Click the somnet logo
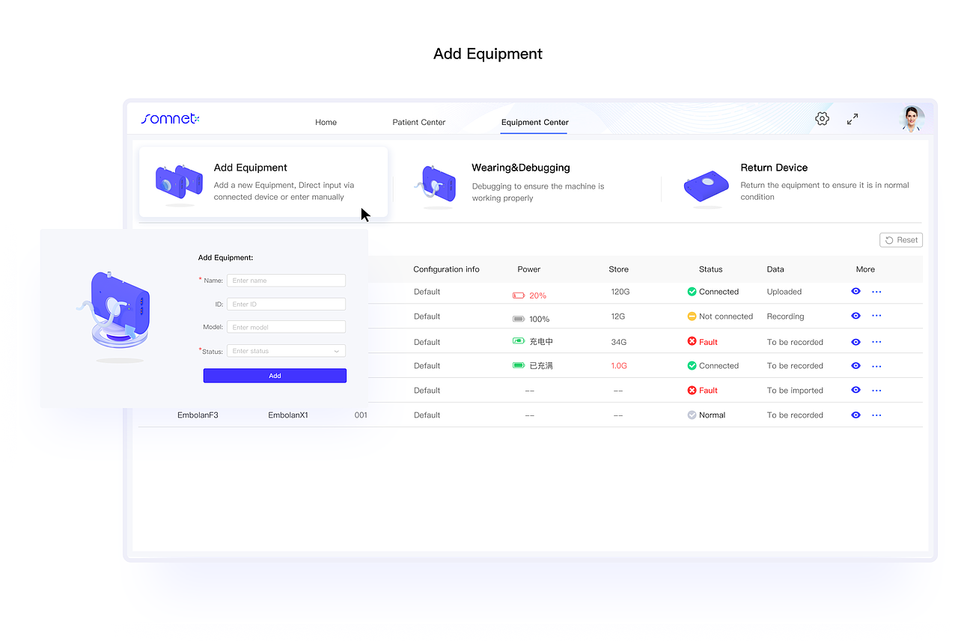(170, 118)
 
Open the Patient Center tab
(418, 122)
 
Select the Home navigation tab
(326, 122)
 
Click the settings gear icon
(822, 119)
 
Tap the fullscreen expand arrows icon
(852, 119)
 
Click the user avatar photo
(912, 118)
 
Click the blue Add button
(275, 376)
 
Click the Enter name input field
(286, 281)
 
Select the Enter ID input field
(286, 304)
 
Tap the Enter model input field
(286, 327)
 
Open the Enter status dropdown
(286, 351)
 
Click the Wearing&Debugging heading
(520, 168)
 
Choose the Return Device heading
(774, 168)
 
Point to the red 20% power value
(537, 296)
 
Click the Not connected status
(726, 317)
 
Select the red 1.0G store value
(618, 366)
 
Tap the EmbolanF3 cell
(198, 415)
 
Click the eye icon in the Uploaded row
(855, 292)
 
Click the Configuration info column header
(446, 269)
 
